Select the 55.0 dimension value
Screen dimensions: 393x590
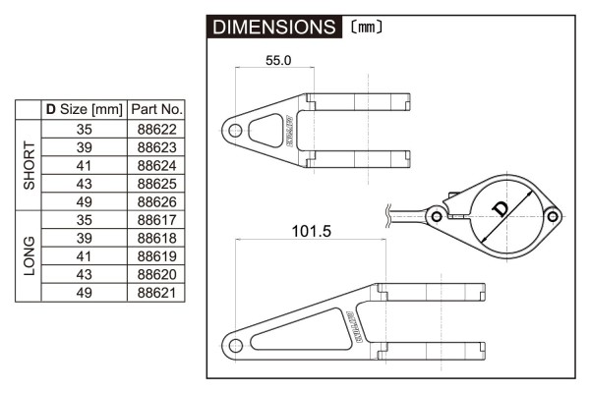tap(279, 60)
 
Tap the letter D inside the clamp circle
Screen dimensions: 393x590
tap(501, 208)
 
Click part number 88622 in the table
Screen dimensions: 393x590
tap(156, 129)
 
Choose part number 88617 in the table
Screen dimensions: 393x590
tap(156, 219)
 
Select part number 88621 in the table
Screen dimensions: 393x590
tap(156, 292)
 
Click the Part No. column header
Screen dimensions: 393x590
tap(156, 110)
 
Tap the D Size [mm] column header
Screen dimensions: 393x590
tap(83, 110)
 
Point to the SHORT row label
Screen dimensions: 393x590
tap(29, 165)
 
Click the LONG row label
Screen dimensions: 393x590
tap(29, 255)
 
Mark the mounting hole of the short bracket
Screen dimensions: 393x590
tap(234, 129)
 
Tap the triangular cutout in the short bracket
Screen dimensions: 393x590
tap(264, 129)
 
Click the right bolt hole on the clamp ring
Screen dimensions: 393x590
tap(554, 214)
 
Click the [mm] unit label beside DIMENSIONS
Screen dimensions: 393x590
tap(362, 28)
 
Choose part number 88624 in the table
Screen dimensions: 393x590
tap(156, 165)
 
